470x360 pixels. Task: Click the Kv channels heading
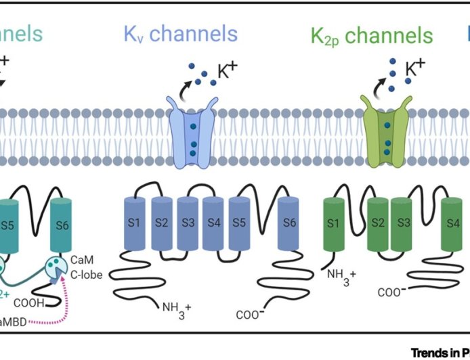click(x=180, y=33)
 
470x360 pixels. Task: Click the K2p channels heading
click(x=371, y=35)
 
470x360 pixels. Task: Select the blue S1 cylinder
click(x=134, y=222)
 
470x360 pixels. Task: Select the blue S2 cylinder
click(x=162, y=222)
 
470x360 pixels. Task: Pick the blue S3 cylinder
click(x=188, y=222)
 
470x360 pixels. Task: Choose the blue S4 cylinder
click(x=214, y=222)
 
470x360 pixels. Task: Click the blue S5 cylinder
click(x=240, y=222)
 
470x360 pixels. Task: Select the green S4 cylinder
click(x=452, y=222)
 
